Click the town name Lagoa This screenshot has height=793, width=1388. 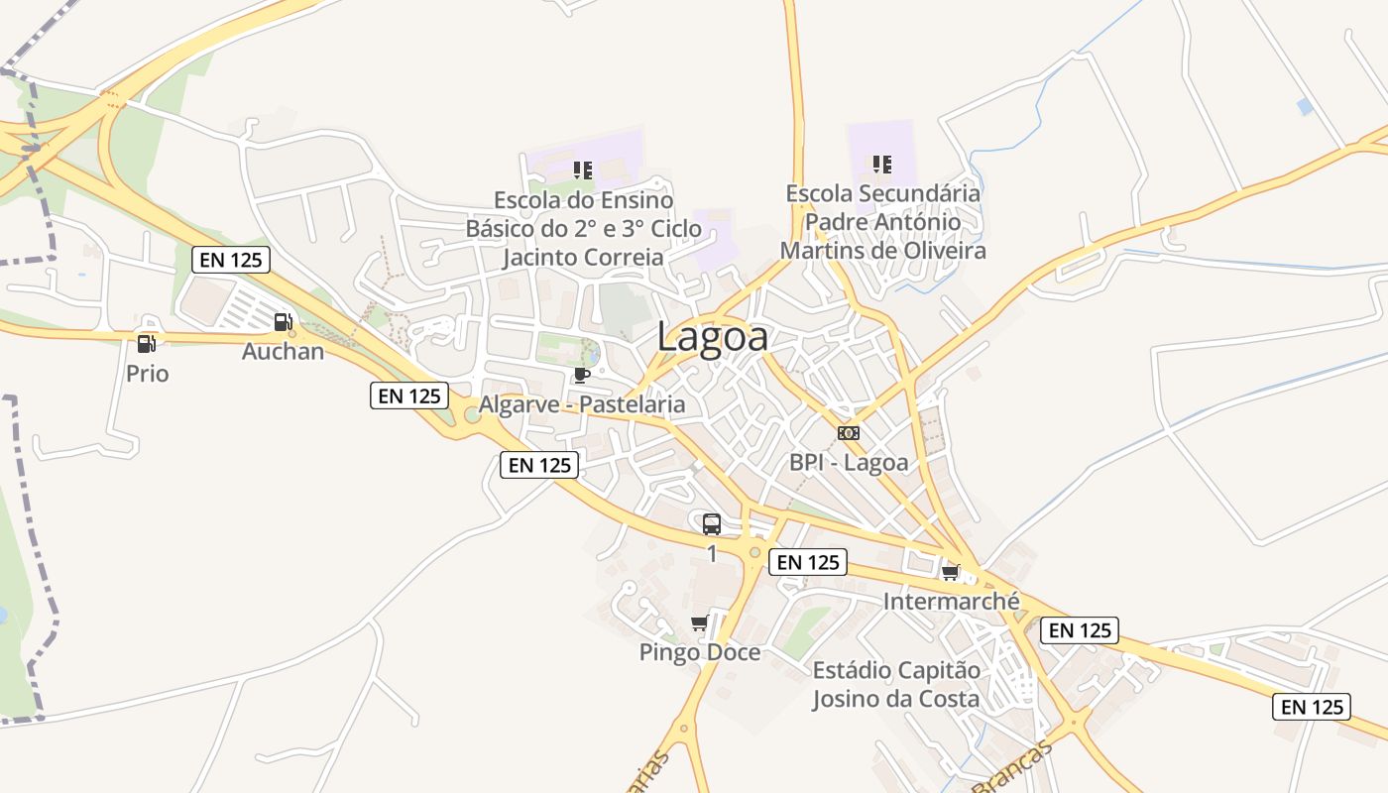click(x=712, y=337)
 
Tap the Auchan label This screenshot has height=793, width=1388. click(x=283, y=351)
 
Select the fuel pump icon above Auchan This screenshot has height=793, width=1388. click(x=283, y=321)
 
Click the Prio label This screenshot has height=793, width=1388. click(x=147, y=374)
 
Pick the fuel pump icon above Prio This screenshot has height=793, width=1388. click(x=146, y=344)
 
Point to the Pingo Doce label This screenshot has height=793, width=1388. click(x=700, y=652)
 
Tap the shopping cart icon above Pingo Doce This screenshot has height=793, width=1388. click(x=699, y=623)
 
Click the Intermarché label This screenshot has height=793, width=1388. click(x=951, y=601)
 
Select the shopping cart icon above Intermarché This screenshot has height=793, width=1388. click(x=951, y=572)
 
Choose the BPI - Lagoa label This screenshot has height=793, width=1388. click(x=849, y=462)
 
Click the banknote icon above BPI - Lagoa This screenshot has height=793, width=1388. click(x=849, y=433)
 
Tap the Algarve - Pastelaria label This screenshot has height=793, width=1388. click(x=582, y=404)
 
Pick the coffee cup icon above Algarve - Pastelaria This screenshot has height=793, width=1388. click(x=582, y=375)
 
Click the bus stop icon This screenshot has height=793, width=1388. click(x=712, y=524)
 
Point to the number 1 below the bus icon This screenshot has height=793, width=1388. click(x=712, y=554)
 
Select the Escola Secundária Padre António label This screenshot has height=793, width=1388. click(x=883, y=221)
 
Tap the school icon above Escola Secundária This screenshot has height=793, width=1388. click(x=881, y=164)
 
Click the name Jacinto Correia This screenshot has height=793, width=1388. click(x=583, y=258)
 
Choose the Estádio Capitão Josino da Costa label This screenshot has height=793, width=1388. click(x=896, y=684)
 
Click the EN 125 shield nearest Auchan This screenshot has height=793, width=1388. click(x=231, y=260)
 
